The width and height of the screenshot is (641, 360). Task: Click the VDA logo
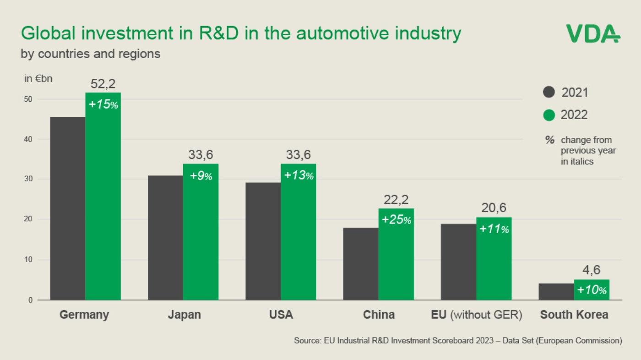[593, 33]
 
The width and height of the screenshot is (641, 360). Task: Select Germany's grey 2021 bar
[67, 208]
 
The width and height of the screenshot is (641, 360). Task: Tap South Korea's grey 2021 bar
[556, 292]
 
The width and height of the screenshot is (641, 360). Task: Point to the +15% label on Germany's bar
[103, 104]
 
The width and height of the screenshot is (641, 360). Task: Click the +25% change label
[396, 220]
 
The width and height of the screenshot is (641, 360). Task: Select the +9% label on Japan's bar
[201, 176]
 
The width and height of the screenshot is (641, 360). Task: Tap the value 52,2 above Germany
[103, 84]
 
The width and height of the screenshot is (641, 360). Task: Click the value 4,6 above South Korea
[592, 270]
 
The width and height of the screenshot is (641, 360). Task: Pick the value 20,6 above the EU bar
[494, 208]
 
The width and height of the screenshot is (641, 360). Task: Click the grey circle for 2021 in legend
[549, 93]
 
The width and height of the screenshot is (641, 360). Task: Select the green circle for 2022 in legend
[549, 115]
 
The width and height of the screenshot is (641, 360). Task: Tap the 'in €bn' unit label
[38, 78]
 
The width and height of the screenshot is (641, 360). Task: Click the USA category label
[281, 315]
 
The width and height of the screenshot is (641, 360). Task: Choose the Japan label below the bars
[184, 315]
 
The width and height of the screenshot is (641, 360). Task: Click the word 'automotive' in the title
[338, 33]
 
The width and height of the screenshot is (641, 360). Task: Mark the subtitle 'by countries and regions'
[91, 54]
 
